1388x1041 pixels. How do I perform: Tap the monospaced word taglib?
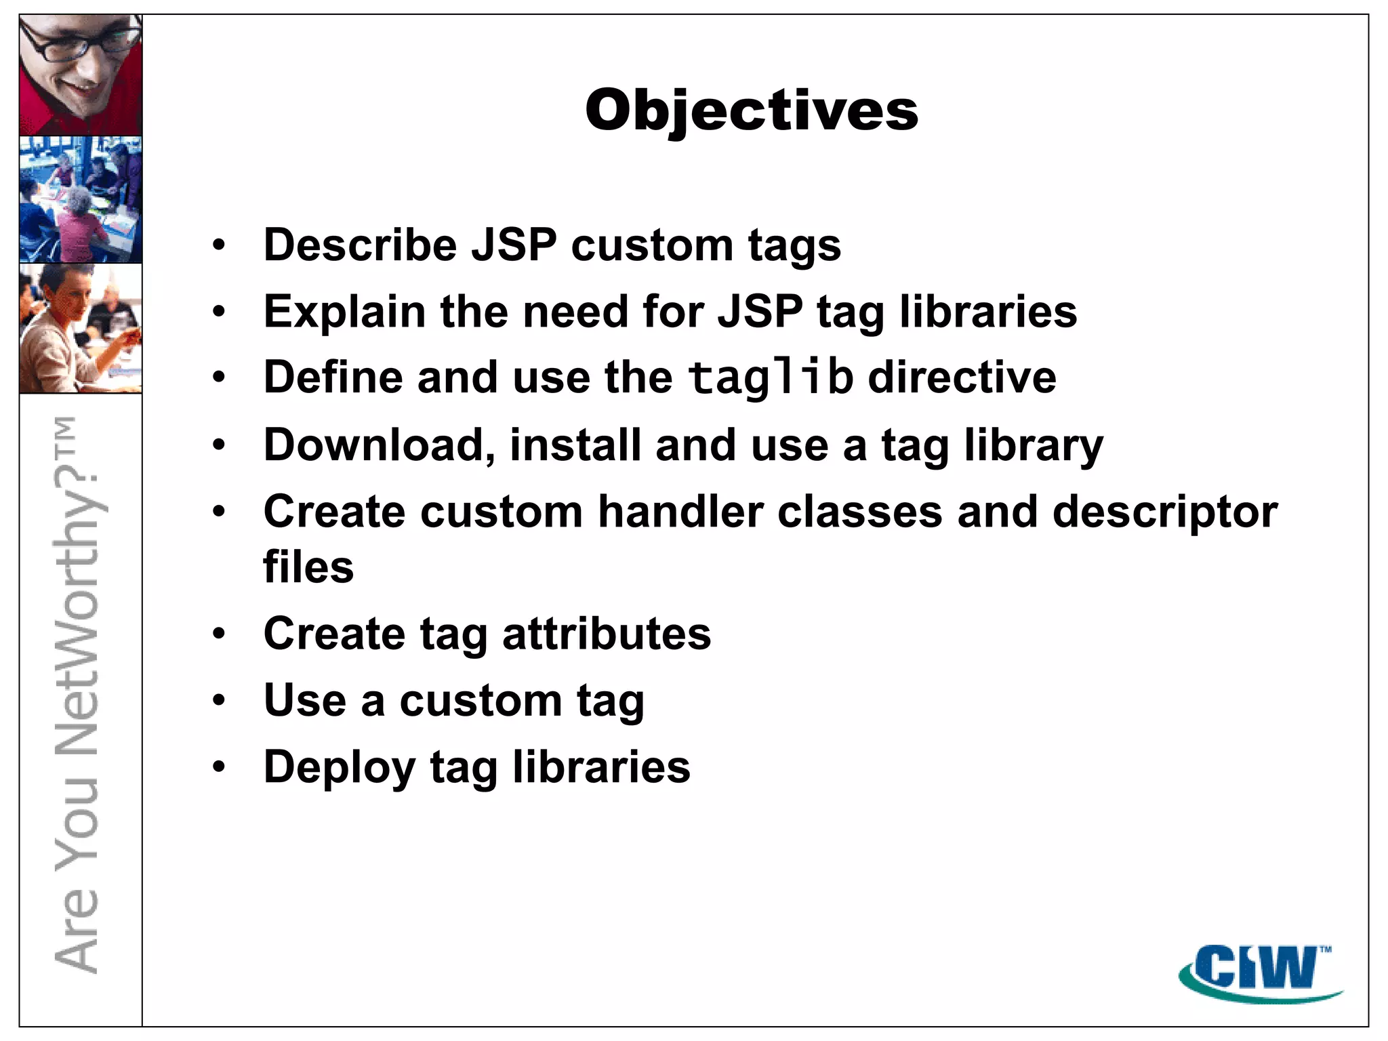[x=770, y=377]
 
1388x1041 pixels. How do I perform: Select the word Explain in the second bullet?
[x=344, y=312]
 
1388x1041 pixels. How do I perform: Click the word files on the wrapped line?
[x=308, y=567]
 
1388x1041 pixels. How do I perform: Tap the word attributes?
[x=607, y=634]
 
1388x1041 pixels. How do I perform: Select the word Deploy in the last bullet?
[x=339, y=768]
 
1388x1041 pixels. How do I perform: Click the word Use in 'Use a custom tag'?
[x=305, y=700]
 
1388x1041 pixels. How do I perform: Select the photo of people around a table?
[x=81, y=199]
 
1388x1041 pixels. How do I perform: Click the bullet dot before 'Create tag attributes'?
[x=218, y=634]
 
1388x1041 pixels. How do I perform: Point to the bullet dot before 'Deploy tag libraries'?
[x=218, y=767]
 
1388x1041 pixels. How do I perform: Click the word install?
[x=575, y=446]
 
